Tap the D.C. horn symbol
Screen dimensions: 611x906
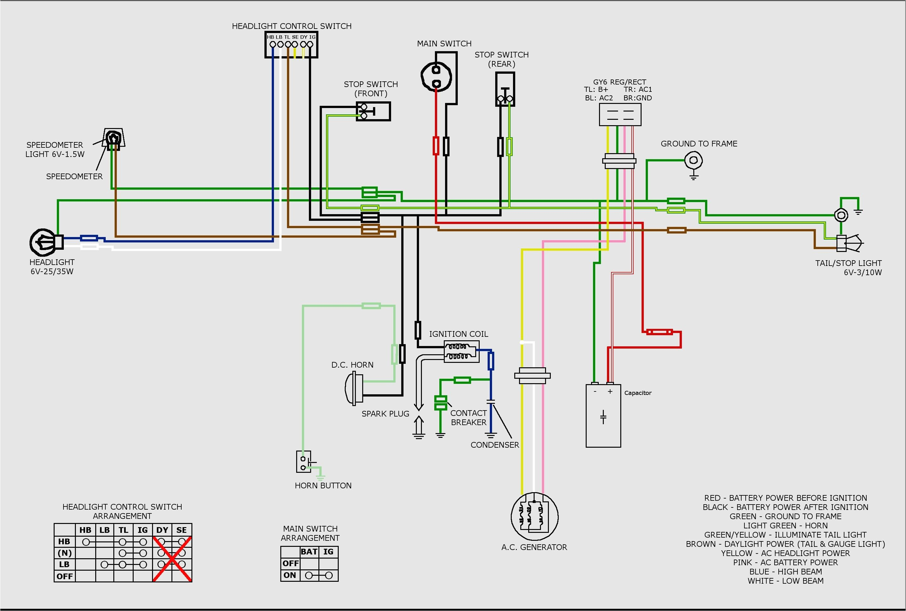point(354,388)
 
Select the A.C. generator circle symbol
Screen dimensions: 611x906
point(534,516)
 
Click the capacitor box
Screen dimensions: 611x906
point(603,416)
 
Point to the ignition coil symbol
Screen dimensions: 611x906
point(461,351)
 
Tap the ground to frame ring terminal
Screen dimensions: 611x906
point(693,160)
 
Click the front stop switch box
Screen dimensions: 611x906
point(373,112)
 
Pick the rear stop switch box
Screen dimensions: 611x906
point(505,89)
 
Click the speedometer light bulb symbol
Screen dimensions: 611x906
point(113,138)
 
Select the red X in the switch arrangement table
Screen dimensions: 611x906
point(172,559)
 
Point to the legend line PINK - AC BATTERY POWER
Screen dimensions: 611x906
point(785,562)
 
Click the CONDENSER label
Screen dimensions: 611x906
point(495,445)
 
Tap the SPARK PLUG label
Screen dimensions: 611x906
point(385,413)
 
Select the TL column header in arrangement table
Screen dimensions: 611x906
point(123,530)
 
